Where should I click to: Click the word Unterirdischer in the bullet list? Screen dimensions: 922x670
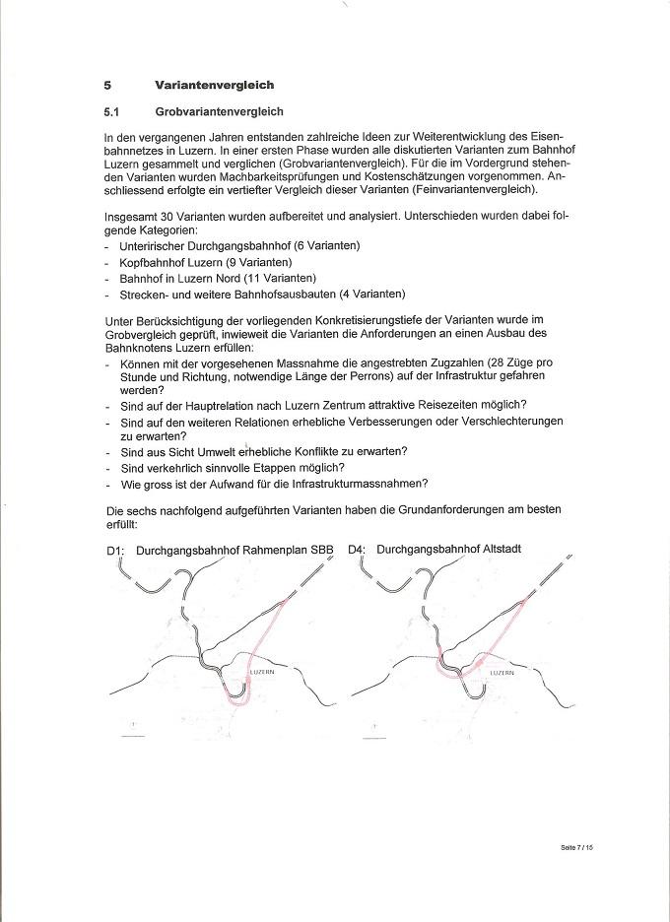pyautogui.click(x=156, y=244)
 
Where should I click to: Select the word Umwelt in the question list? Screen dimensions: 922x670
pyautogui.click(x=220, y=451)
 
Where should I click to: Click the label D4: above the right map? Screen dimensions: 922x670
pyautogui.click(x=358, y=549)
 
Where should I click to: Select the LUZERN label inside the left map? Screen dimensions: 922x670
pyautogui.click(x=262, y=671)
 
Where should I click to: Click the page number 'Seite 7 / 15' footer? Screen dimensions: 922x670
pyautogui.click(x=571, y=846)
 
